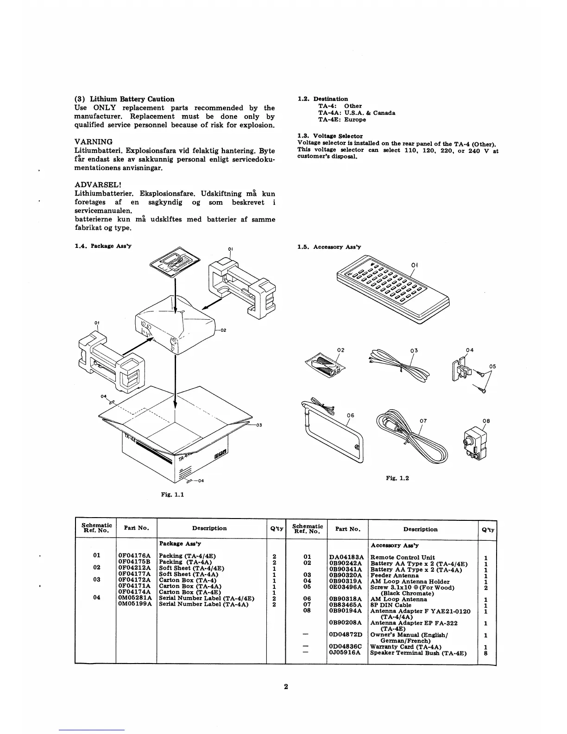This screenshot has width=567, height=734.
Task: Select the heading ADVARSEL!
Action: [x=98, y=185]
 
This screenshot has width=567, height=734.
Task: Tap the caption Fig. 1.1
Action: [x=172, y=494]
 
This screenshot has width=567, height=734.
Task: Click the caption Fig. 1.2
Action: [x=397, y=478]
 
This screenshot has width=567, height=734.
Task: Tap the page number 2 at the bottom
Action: [x=286, y=687]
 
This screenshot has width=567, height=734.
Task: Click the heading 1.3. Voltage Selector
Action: [x=330, y=136]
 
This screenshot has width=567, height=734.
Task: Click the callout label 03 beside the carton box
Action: [x=259, y=425]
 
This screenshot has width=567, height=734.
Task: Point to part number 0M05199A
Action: [x=135, y=604]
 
